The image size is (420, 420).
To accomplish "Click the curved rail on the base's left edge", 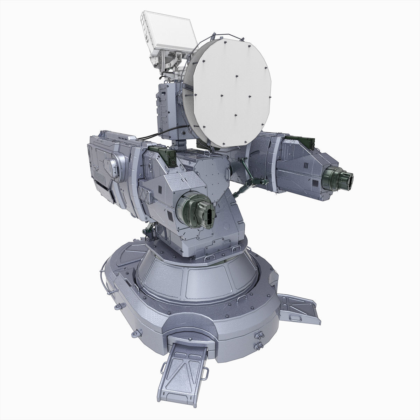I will click(x=102, y=276).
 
